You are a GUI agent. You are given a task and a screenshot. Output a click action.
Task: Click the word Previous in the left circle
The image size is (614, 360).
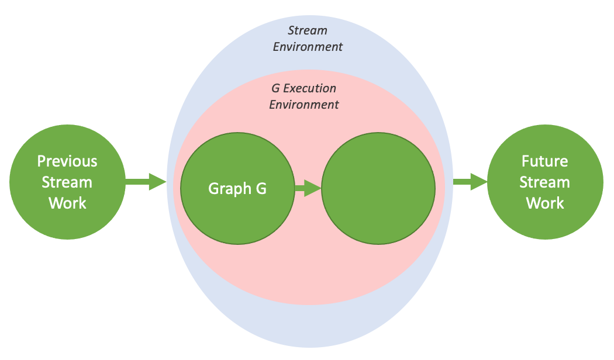67,161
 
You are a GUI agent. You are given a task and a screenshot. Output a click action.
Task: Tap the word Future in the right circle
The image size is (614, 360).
544,161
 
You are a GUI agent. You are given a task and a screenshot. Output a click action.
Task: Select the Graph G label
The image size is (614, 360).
237,189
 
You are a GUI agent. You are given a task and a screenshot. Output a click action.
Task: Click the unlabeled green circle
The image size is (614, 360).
378,188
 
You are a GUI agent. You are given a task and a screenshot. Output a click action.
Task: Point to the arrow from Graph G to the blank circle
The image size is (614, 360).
308,188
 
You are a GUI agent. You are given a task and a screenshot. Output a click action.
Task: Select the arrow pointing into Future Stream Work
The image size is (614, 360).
470,182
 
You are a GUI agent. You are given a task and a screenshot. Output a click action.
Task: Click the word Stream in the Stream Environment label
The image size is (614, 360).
308,30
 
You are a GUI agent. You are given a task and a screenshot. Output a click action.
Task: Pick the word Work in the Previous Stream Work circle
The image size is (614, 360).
67,203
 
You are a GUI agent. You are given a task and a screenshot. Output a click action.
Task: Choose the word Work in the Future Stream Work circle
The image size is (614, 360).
544,203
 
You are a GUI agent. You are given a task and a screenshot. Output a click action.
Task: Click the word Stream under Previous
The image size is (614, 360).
67,182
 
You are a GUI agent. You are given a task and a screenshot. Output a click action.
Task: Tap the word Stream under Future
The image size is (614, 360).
544,182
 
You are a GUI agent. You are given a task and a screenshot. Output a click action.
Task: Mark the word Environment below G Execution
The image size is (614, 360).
304,105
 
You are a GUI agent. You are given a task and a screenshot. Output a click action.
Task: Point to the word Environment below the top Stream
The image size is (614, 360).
308,47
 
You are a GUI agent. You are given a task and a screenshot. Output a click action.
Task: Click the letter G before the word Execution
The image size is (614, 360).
275,89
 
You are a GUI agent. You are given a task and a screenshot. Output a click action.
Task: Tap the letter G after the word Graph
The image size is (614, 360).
261,189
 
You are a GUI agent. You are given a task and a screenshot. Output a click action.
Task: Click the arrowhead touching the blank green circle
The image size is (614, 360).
313,188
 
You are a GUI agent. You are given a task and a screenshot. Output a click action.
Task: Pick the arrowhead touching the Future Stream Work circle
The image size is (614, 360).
480,182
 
